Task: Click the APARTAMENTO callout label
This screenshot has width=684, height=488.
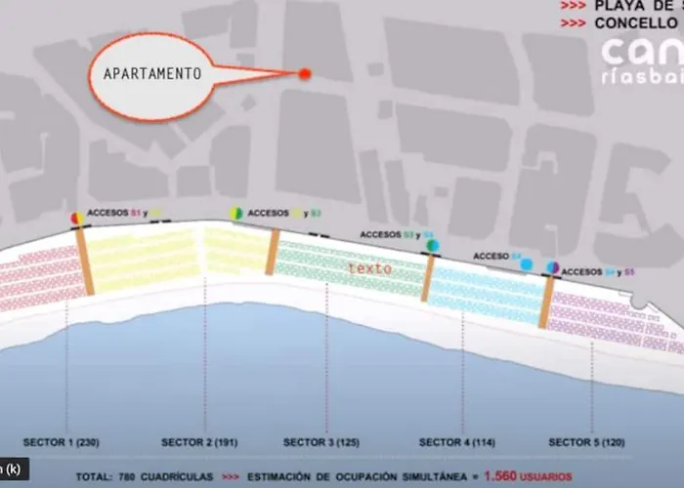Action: coord(152,73)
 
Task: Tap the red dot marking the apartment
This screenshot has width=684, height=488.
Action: coord(304,73)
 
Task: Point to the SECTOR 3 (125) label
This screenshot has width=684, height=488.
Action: coord(321,442)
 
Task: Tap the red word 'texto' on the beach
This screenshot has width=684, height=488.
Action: coord(369,267)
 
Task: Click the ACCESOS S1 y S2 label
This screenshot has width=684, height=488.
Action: coord(123,213)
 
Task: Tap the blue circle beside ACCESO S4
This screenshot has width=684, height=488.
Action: coord(527,264)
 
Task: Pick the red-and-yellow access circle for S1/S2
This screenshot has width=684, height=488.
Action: coord(76,218)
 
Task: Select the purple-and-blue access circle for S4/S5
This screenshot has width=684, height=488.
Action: coord(552,267)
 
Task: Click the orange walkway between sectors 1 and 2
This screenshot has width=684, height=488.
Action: coord(85,262)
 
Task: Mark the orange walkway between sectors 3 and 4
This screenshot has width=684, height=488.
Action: coord(428,278)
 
